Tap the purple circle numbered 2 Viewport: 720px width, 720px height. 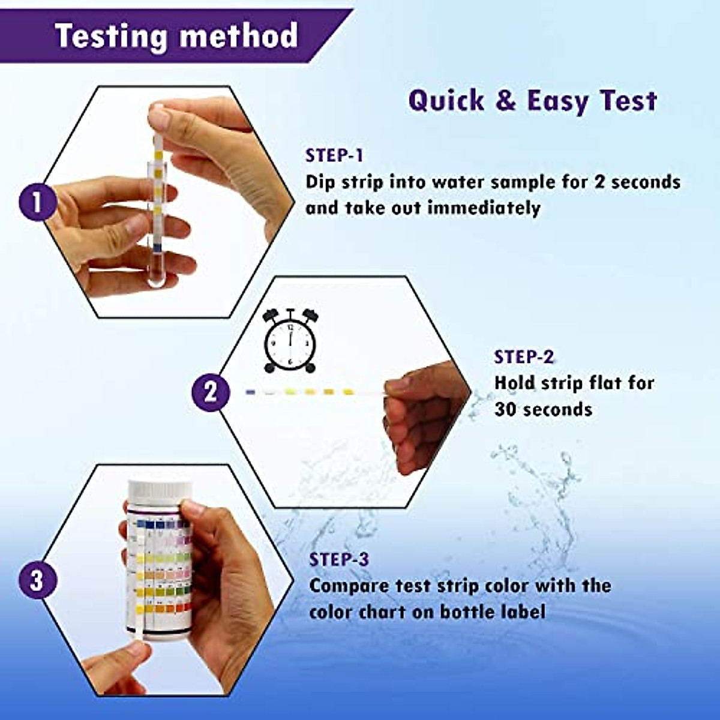(210, 392)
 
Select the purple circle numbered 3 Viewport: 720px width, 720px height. (37, 580)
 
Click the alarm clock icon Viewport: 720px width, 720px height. (290, 341)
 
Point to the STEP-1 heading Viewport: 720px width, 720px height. (334, 155)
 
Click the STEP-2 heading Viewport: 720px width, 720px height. (523, 357)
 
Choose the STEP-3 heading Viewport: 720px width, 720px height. (339, 559)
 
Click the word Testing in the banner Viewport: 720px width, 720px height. (110, 36)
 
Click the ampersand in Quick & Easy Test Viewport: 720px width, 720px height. (506, 100)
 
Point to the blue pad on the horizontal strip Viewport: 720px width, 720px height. (251, 392)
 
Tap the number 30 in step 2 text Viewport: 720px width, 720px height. (506, 410)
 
